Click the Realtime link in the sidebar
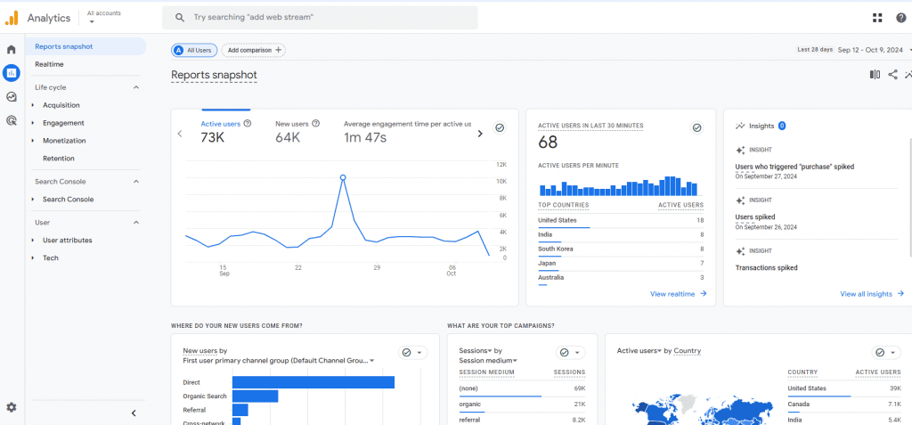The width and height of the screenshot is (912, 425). (49, 64)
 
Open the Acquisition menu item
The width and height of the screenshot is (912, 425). (61, 105)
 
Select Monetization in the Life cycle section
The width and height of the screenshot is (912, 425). (64, 140)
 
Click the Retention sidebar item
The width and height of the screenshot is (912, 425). (58, 159)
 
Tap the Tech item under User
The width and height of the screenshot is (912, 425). (51, 257)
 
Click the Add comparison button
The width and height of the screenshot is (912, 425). (254, 51)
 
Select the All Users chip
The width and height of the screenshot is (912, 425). (194, 51)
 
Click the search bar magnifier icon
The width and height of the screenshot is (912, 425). (180, 18)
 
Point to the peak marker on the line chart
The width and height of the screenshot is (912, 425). (343, 177)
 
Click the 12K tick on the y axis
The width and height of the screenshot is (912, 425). (501, 165)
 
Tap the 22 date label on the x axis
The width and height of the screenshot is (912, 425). (297, 268)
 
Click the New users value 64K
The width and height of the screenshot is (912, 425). (288, 137)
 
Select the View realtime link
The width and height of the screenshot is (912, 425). (678, 294)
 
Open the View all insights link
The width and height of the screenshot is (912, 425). (872, 294)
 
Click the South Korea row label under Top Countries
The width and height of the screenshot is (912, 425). (556, 249)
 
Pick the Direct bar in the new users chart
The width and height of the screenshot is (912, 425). (313, 382)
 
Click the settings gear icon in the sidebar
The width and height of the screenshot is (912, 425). (11, 407)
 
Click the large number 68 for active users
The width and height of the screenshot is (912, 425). (548, 142)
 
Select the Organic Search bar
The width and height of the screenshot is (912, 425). (256, 396)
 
